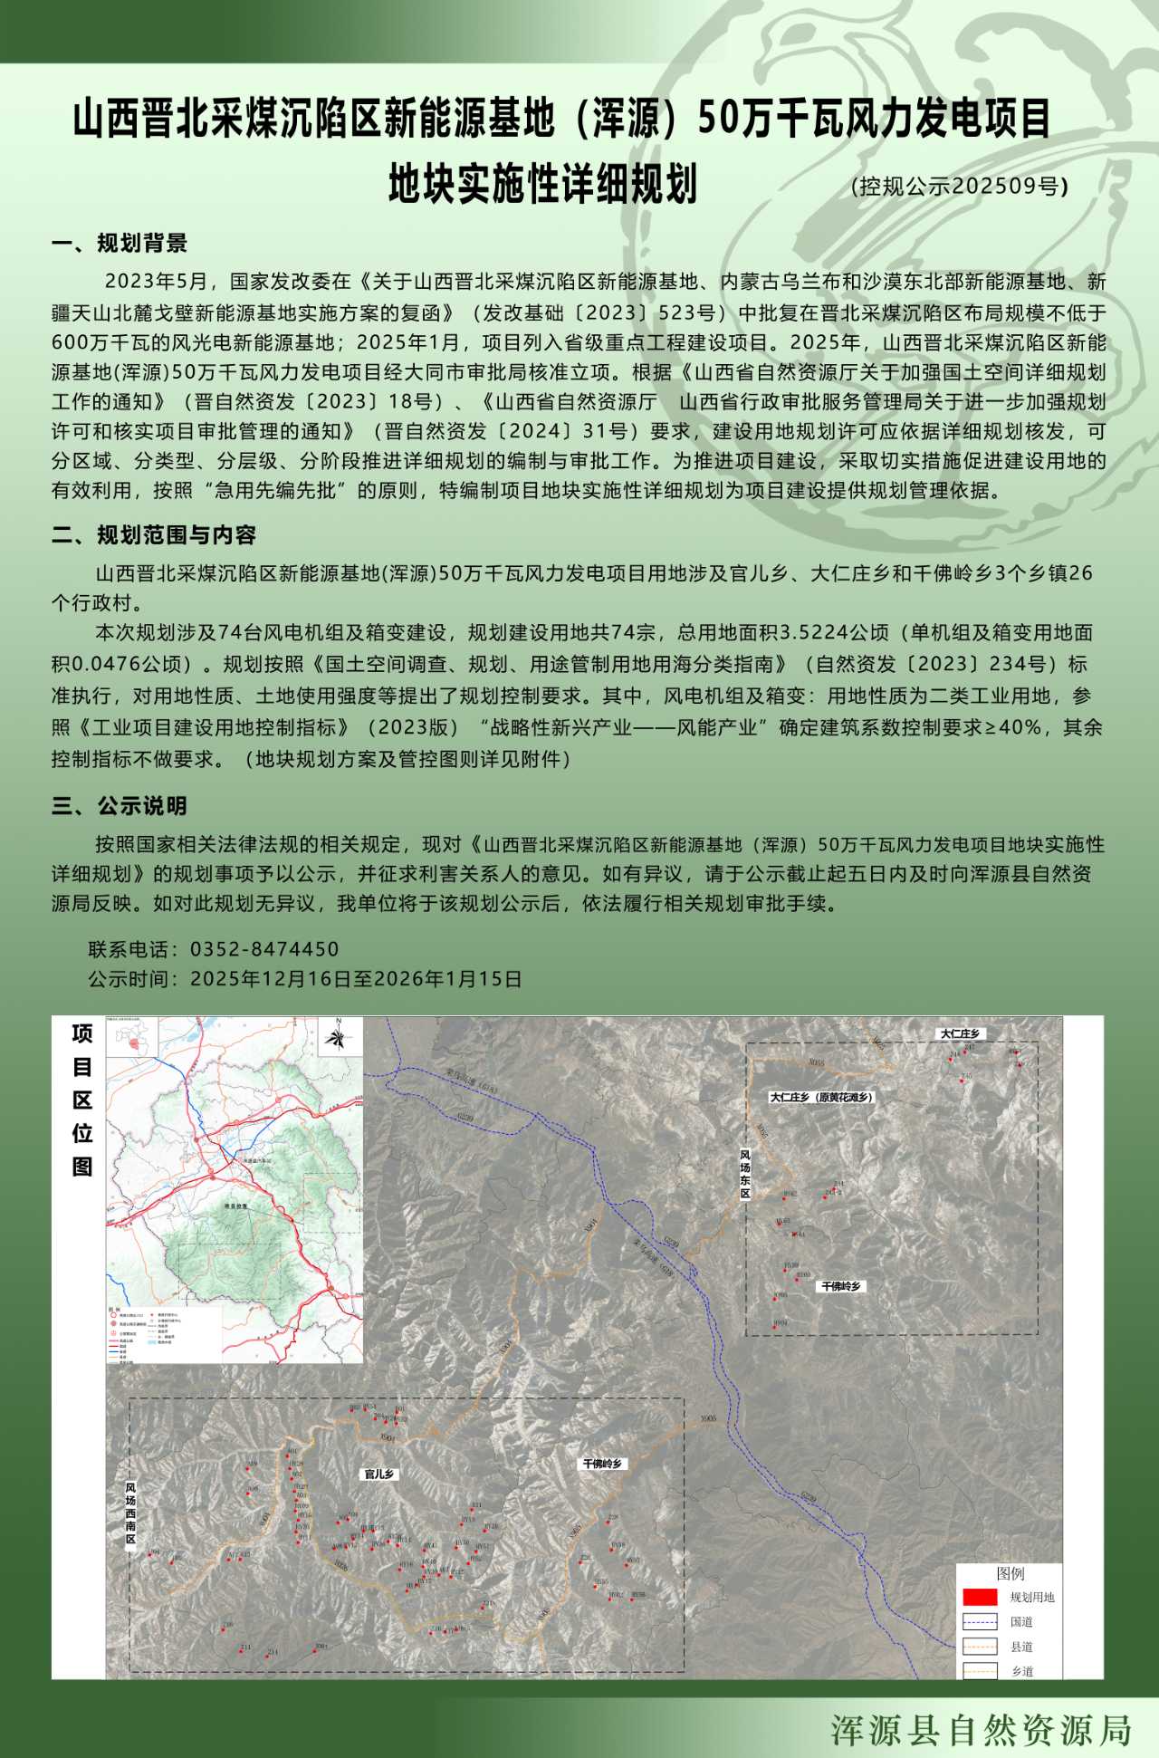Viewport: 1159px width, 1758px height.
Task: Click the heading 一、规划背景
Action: (x=120, y=244)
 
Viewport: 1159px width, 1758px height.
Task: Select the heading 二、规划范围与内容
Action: (x=154, y=535)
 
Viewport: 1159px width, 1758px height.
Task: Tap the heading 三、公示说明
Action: (x=120, y=806)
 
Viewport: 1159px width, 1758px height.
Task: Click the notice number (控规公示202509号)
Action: (x=959, y=187)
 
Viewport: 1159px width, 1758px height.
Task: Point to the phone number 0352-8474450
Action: (x=263, y=949)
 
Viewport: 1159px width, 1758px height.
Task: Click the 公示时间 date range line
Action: (x=304, y=979)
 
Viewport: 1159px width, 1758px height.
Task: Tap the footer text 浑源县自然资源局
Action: (x=982, y=1730)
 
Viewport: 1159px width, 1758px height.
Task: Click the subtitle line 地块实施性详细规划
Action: (x=542, y=184)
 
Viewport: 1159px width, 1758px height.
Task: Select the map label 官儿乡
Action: (x=379, y=1475)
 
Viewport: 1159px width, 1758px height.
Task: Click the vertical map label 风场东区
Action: (x=745, y=1175)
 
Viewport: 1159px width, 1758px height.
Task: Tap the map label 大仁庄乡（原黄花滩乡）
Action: (x=821, y=1097)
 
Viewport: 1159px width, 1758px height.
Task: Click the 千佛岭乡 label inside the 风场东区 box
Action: (x=841, y=1286)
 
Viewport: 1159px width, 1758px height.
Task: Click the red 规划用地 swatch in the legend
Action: (x=979, y=1597)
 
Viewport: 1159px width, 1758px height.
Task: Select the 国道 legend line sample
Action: (x=979, y=1621)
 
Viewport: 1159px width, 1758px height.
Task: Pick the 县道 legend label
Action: (x=1021, y=1647)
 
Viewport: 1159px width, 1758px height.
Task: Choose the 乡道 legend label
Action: (x=1021, y=1671)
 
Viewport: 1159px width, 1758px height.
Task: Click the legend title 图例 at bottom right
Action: (x=1011, y=1574)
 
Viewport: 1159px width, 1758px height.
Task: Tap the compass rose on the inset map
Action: (x=339, y=1037)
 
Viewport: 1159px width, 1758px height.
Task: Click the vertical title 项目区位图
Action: (x=82, y=1100)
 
